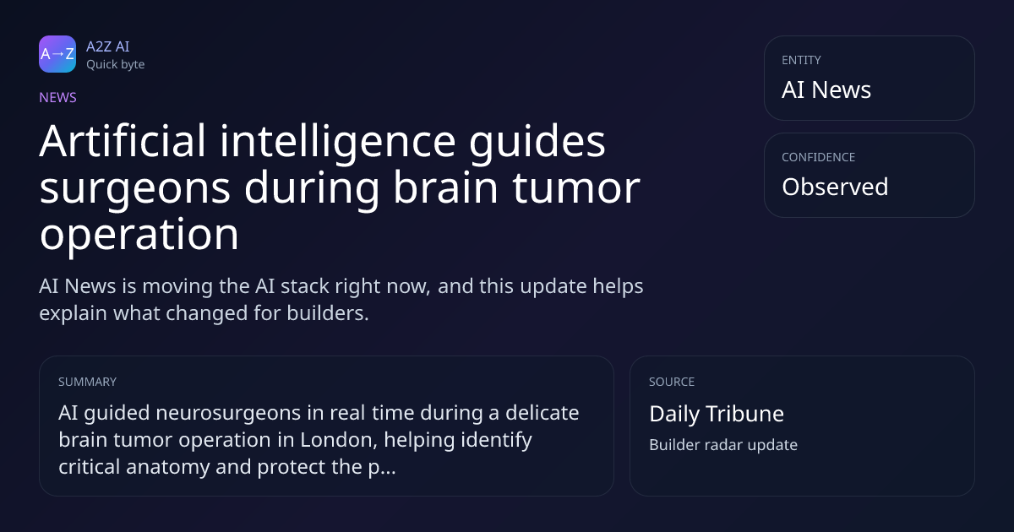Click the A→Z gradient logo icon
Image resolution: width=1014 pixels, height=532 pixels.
pyautogui.click(x=57, y=54)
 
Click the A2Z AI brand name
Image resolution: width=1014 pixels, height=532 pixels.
pyautogui.click(x=108, y=46)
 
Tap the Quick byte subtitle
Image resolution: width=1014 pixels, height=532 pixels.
pyautogui.click(x=116, y=65)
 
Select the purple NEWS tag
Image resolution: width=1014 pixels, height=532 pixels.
pyautogui.click(x=58, y=98)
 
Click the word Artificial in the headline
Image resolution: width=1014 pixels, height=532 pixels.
pyautogui.click(x=123, y=141)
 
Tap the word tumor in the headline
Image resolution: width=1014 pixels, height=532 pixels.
pyautogui.click(x=576, y=187)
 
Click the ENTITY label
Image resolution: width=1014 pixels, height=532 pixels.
pyautogui.click(x=801, y=60)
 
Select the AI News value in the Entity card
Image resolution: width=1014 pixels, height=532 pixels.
pyautogui.click(x=826, y=90)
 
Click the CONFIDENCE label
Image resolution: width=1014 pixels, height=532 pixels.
pyautogui.click(x=819, y=157)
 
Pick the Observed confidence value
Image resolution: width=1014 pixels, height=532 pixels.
pyautogui.click(x=835, y=187)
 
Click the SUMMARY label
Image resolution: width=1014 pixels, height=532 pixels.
pyautogui.click(x=87, y=382)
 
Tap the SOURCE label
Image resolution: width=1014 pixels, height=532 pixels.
pyautogui.click(x=672, y=382)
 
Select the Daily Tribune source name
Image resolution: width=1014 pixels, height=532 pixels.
pyautogui.click(x=717, y=414)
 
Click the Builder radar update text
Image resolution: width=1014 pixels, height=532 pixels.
pyautogui.click(x=723, y=445)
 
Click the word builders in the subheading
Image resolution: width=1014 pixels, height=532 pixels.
pyautogui.click(x=328, y=313)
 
